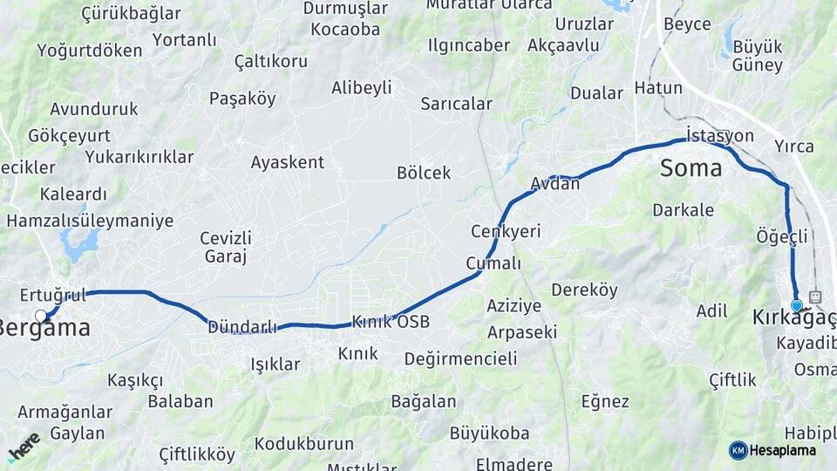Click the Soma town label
tap(691, 168)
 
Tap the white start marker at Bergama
tap(41, 316)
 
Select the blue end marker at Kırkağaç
tap(796, 305)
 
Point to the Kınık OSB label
tap(391, 322)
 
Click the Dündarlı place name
tap(242, 327)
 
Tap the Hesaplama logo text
tap(782, 450)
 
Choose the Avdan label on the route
tap(555, 184)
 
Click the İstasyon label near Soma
tap(719, 135)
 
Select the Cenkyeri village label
tap(506, 231)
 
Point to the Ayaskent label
tap(287, 162)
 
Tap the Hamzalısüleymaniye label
tap(90, 221)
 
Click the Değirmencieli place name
tap(461, 358)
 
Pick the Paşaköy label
tap(242, 99)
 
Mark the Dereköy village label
tap(584, 290)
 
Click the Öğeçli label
tap(782, 235)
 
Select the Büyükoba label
tap(489, 433)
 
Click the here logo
tap(24, 447)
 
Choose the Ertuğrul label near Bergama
tap(53, 295)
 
